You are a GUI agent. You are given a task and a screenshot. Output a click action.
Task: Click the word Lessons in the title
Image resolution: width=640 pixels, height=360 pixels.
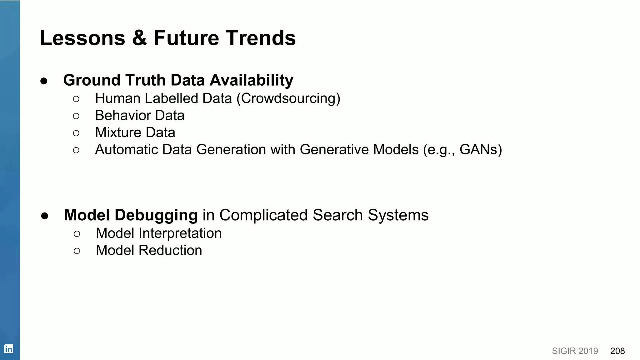(x=82, y=38)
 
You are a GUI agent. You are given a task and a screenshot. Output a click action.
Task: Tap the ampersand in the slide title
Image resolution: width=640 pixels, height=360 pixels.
(x=139, y=38)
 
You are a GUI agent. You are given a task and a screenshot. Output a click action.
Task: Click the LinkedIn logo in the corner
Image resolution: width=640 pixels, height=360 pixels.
(x=9, y=348)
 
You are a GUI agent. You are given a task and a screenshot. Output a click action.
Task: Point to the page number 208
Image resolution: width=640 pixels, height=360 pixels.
(x=617, y=351)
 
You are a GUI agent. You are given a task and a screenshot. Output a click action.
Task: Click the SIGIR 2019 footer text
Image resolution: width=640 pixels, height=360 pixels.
(x=575, y=351)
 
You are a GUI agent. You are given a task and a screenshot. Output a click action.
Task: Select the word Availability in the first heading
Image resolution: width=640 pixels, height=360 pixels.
(x=251, y=80)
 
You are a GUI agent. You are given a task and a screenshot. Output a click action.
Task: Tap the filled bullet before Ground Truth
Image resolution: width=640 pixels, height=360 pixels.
(x=44, y=81)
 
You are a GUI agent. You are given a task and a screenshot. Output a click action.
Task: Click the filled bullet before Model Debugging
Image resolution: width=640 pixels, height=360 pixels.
(x=45, y=216)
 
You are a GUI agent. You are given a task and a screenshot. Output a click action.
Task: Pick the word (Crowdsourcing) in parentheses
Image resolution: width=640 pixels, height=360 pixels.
(x=288, y=99)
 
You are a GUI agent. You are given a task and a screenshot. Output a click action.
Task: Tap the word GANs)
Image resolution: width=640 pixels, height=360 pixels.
(x=481, y=150)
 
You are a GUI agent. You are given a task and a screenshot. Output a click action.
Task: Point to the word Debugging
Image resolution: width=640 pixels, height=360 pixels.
(x=156, y=216)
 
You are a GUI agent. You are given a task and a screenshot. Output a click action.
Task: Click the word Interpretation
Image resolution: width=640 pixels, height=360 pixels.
(x=180, y=233)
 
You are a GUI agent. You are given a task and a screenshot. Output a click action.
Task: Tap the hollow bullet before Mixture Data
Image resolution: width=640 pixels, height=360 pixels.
(x=76, y=133)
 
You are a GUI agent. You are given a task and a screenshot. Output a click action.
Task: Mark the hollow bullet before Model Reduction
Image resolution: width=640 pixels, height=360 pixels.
(x=77, y=251)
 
